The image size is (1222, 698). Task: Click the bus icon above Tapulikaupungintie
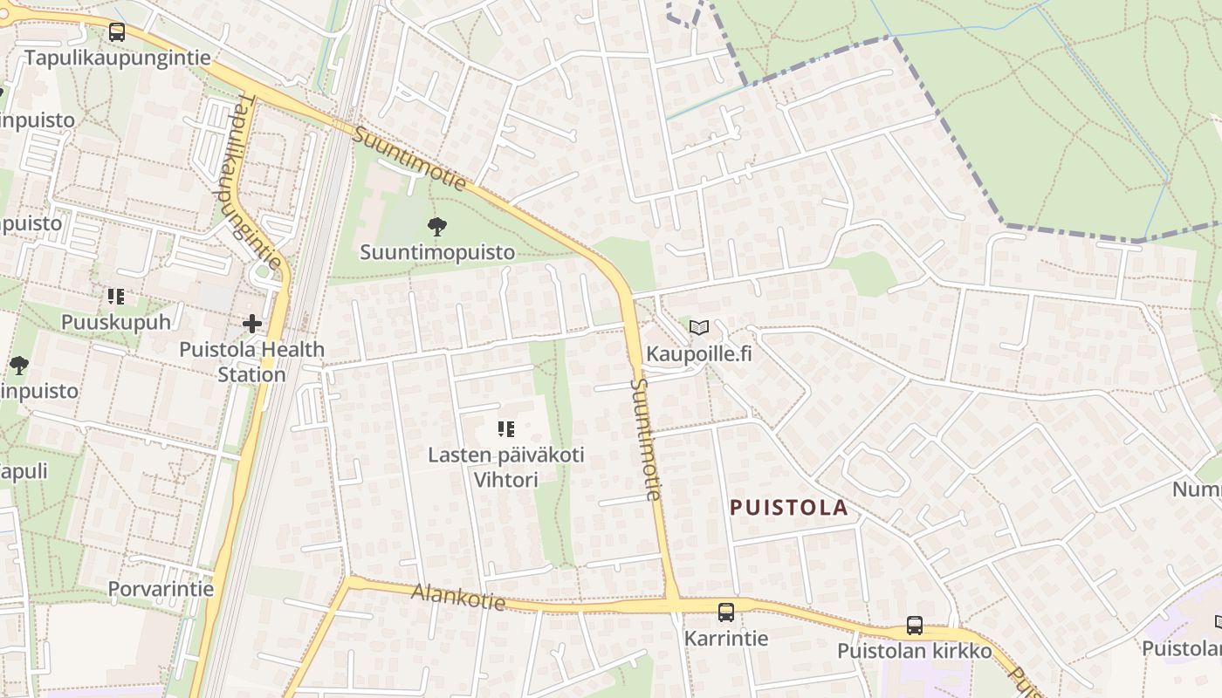tap(116, 32)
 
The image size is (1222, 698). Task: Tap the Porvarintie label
tap(161, 589)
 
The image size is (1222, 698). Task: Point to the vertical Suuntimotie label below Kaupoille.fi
tap(646, 439)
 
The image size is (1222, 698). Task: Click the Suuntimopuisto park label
tap(437, 252)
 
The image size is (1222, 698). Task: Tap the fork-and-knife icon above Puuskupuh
tap(116, 297)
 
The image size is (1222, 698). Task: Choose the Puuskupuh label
tap(116, 322)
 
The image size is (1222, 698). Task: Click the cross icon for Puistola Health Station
tap(252, 325)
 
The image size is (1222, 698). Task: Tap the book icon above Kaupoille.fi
tap(698, 328)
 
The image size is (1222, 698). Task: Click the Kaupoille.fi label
tap(698, 354)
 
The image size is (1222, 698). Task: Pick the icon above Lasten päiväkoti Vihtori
tap(505, 428)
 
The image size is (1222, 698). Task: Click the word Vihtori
tap(505, 480)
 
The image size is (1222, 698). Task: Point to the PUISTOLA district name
tap(788, 508)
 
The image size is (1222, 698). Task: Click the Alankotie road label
tap(458, 598)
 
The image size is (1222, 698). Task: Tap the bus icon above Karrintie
tap(725, 612)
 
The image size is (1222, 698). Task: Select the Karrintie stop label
tap(725, 638)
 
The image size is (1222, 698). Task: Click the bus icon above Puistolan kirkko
tap(914, 626)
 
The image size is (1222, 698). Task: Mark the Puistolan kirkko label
tap(914, 651)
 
